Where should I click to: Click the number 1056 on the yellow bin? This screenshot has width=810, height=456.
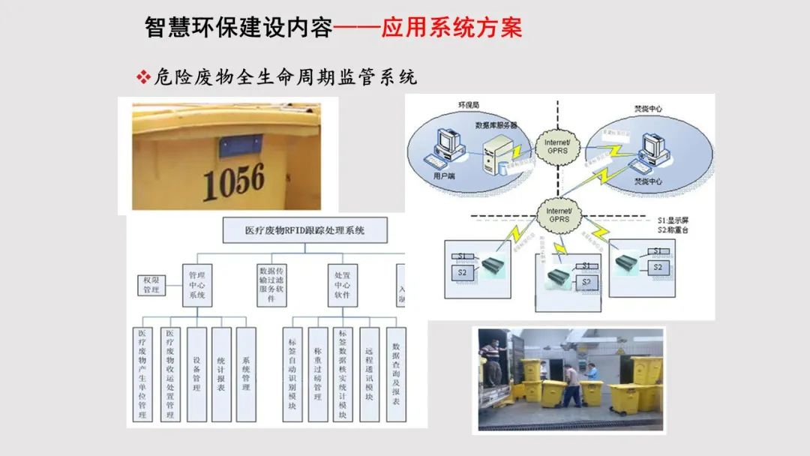pos(234,181)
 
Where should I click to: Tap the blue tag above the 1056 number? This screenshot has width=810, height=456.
pos(240,145)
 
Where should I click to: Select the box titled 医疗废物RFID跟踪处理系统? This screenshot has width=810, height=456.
pos(305,231)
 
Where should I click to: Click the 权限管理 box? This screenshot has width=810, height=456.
pos(152,285)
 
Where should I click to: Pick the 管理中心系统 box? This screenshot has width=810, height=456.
pos(197,285)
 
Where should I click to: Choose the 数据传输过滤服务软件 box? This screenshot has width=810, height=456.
pos(271,284)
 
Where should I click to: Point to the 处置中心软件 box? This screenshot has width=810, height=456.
pos(343,285)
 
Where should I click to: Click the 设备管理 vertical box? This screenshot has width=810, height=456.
pos(196,373)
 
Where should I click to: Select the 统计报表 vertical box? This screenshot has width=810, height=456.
pos(221,373)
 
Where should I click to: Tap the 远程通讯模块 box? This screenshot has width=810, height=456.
pos(369,373)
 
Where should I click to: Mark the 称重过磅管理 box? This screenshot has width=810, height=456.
pos(318,373)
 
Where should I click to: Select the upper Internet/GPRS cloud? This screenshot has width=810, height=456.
pos(557,145)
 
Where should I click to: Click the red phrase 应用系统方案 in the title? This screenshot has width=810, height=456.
pos(451,28)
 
